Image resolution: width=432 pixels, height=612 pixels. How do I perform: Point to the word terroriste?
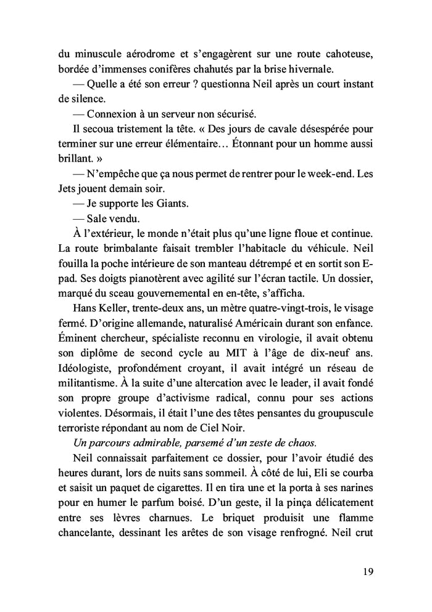click(80, 410)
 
